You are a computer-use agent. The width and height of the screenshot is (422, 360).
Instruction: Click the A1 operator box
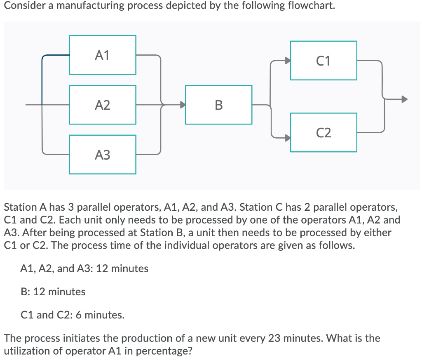103,55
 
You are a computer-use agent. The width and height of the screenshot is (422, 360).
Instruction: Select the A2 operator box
103,105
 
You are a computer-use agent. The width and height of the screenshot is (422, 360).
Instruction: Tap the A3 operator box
103,155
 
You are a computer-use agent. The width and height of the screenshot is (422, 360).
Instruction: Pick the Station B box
218,105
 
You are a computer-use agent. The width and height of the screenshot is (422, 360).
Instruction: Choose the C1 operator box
324,61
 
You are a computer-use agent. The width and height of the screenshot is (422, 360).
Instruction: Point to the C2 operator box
324,132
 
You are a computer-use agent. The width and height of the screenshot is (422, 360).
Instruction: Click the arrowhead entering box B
182,105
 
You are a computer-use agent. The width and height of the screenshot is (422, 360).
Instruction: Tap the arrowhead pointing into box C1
287,61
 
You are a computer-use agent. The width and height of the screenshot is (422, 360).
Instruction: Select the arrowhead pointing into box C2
287,138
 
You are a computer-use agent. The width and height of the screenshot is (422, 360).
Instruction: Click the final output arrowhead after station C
405,99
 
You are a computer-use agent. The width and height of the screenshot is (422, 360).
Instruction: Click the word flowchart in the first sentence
309,6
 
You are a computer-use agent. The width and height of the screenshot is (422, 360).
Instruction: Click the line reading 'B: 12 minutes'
53,292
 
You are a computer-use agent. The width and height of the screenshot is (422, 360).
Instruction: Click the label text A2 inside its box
103,105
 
